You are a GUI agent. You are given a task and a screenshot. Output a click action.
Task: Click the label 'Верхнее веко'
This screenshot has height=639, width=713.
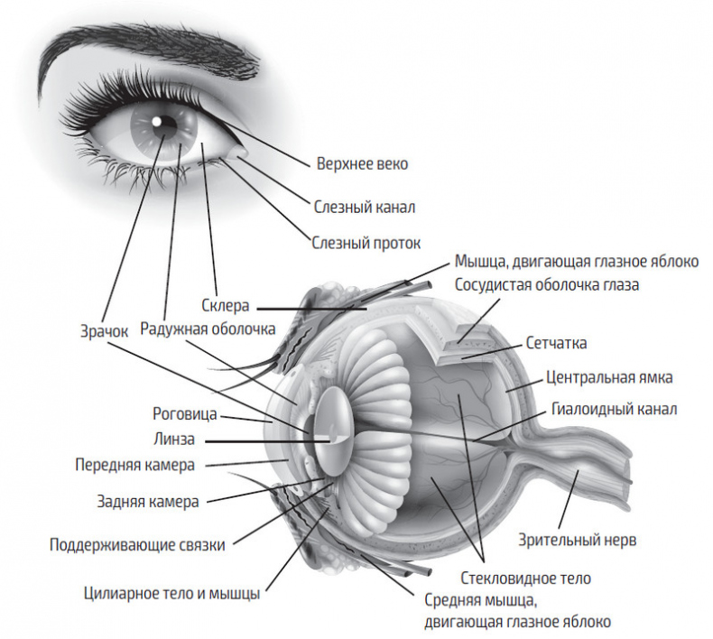pos(362,164)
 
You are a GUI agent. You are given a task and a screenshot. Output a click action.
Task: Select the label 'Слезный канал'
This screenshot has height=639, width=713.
pos(365,207)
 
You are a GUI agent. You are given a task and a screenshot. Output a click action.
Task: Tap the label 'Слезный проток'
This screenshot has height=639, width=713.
pos(366,243)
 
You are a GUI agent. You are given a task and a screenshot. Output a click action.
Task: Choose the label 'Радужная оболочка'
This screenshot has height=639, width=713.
pos(208,329)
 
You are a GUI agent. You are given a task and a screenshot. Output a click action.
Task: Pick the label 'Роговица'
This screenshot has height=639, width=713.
pos(184,414)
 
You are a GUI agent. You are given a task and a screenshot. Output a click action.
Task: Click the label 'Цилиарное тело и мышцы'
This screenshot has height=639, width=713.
pos(171,594)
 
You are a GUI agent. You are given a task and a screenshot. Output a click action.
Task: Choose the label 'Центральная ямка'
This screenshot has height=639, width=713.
pos(610,376)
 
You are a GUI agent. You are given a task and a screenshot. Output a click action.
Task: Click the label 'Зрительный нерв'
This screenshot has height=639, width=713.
pos(578,541)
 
